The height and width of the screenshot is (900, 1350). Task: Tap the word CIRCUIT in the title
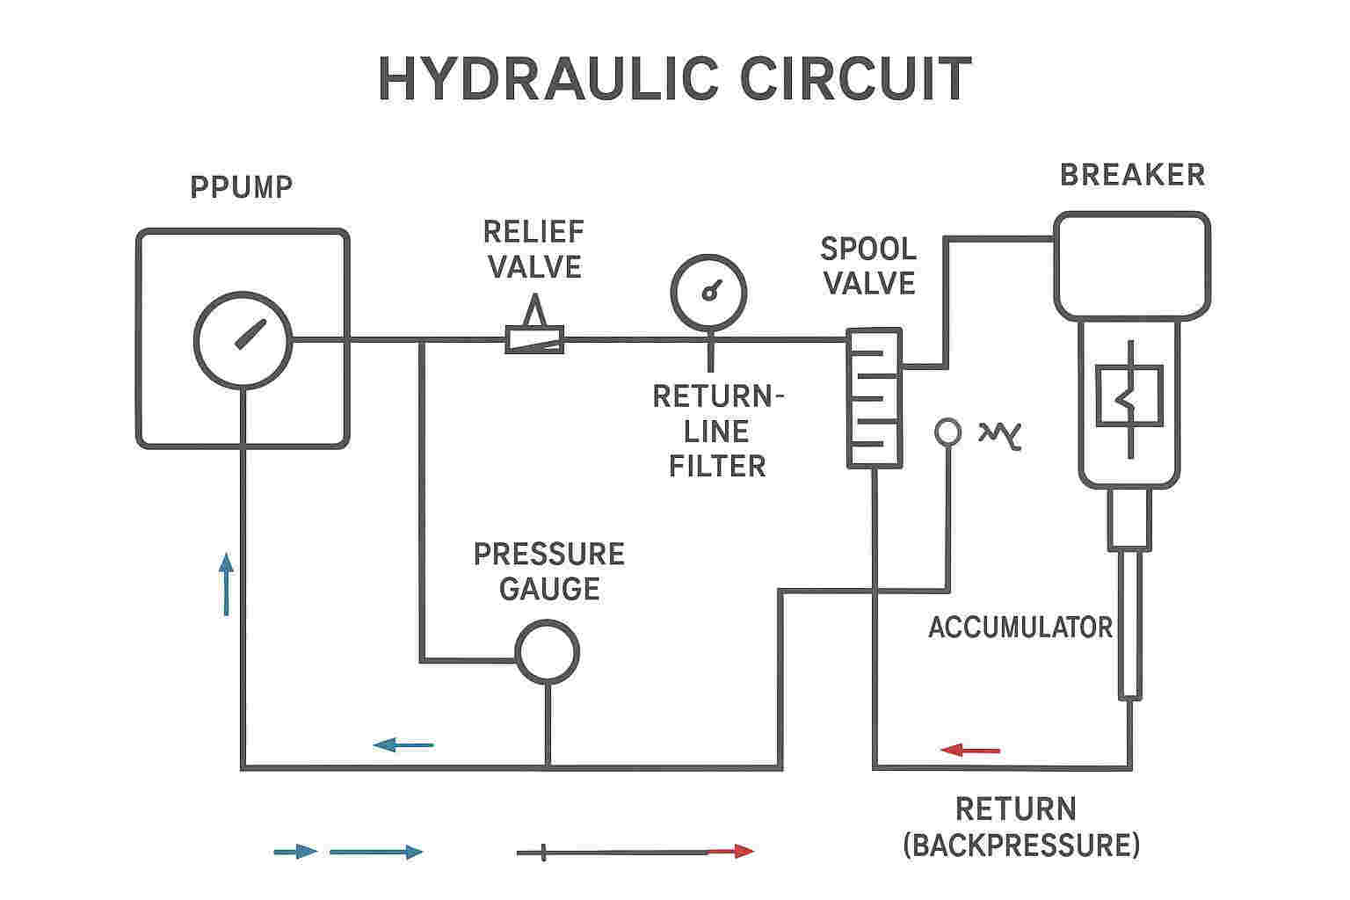855,79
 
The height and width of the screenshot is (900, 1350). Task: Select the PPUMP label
242,187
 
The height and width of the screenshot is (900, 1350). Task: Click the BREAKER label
1132,175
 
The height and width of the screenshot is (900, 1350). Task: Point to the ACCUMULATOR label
1020,628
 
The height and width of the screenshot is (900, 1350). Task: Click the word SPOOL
868,249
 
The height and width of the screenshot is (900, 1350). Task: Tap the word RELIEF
534,232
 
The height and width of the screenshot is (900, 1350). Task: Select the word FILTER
717,466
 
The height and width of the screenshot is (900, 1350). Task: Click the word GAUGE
549,589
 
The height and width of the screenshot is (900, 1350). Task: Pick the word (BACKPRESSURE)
1021,846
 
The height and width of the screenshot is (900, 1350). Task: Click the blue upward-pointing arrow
226,584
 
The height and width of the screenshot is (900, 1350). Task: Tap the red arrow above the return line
970,751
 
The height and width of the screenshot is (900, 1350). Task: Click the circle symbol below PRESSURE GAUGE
548,623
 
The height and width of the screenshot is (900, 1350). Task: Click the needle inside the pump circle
250,334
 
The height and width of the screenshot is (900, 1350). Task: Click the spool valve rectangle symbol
849,398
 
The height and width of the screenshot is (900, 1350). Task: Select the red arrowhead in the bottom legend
744,851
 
